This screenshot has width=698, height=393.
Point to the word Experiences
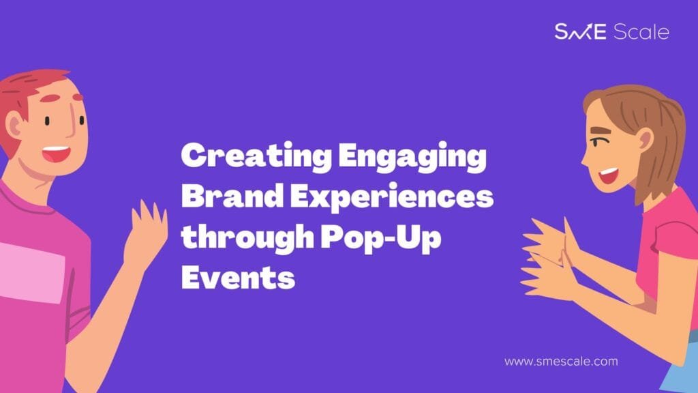(392, 196)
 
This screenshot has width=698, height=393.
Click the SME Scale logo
(611, 31)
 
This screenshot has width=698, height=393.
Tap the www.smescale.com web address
(561, 361)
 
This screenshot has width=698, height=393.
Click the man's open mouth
(57, 154)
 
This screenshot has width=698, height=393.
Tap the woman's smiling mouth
(609, 175)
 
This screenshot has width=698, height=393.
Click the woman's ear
(643, 141)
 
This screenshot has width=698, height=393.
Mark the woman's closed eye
(596, 143)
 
